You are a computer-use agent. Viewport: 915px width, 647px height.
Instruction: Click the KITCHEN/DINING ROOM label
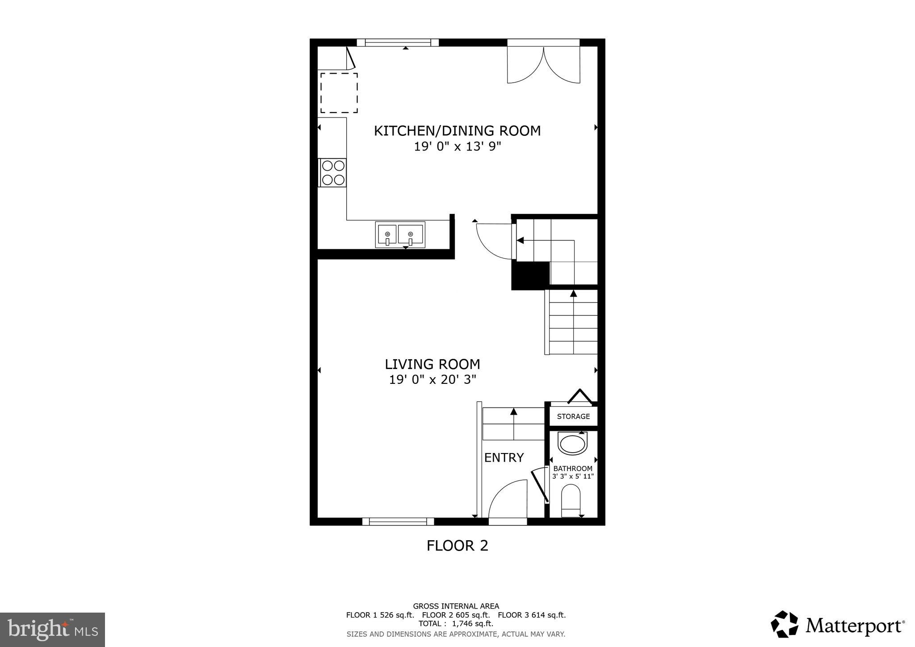click(x=457, y=131)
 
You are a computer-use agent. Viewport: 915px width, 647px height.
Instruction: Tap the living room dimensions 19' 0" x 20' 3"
click(x=432, y=380)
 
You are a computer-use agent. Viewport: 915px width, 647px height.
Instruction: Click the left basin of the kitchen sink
click(x=387, y=235)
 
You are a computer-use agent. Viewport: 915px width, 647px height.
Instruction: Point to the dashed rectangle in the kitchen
click(x=339, y=93)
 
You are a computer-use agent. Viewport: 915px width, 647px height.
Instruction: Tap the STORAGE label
click(x=573, y=416)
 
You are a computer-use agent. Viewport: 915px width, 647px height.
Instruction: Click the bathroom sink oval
click(x=572, y=445)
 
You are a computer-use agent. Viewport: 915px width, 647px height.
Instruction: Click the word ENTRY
click(x=504, y=458)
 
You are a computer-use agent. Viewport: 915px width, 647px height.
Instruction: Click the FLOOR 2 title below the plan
click(x=457, y=546)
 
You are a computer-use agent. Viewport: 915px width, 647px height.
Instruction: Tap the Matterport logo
click(x=838, y=625)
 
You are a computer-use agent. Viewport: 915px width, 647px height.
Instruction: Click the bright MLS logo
click(x=52, y=630)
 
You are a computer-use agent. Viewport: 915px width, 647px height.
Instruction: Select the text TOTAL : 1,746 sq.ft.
click(x=456, y=624)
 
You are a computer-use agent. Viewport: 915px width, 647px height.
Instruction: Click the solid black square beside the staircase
click(x=530, y=275)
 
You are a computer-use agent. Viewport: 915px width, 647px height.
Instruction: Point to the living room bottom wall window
click(x=398, y=521)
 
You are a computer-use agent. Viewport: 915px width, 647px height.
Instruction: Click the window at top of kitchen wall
click(x=398, y=42)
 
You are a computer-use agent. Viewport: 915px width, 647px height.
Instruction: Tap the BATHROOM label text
click(x=573, y=468)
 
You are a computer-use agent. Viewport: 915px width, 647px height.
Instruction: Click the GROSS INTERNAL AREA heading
click(x=456, y=606)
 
